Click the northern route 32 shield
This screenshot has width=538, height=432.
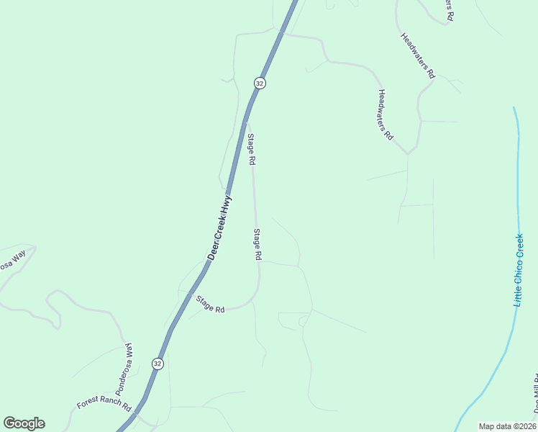[x=260, y=84]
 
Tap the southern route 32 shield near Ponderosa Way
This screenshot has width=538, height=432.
[x=158, y=364]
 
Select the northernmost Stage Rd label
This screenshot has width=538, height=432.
[x=251, y=150]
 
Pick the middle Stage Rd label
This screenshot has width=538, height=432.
[x=257, y=244]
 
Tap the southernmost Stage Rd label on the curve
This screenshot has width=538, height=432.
[x=211, y=305]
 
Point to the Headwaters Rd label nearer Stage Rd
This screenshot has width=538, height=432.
[x=386, y=114]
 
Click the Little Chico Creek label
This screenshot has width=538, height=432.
[x=519, y=269]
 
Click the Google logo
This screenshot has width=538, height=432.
[x=24, y=423]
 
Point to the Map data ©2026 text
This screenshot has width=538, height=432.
[x=507, y=426]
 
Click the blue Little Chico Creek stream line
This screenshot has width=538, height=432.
[x=517, y=180]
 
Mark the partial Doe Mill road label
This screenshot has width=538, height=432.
[x=535, y=394]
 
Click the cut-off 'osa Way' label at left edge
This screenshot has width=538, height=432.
[x=12, y=260]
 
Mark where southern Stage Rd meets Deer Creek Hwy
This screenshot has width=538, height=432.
[x=188, y=294]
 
